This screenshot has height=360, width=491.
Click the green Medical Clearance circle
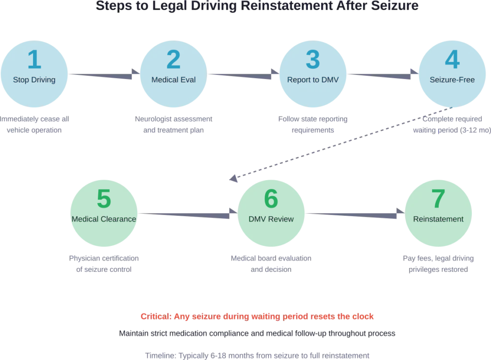point(104,214)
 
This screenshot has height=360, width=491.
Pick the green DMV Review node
point(271,214)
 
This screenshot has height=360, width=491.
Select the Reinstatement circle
point(438,214)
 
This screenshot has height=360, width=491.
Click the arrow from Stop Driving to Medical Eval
point(104,75)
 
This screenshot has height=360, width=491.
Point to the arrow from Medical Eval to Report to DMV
point(243,75)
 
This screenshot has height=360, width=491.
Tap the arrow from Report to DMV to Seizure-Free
point(382,75)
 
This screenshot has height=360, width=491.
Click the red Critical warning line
point(257,317)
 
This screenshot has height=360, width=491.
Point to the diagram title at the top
point(257,6)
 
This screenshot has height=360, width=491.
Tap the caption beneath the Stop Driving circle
point(34,124)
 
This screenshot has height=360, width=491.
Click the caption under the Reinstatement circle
point(438,263)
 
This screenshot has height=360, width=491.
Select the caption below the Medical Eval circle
point(174,124)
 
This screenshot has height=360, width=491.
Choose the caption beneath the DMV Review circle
point(271,263)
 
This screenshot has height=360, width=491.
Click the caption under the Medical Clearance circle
point(104,263)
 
